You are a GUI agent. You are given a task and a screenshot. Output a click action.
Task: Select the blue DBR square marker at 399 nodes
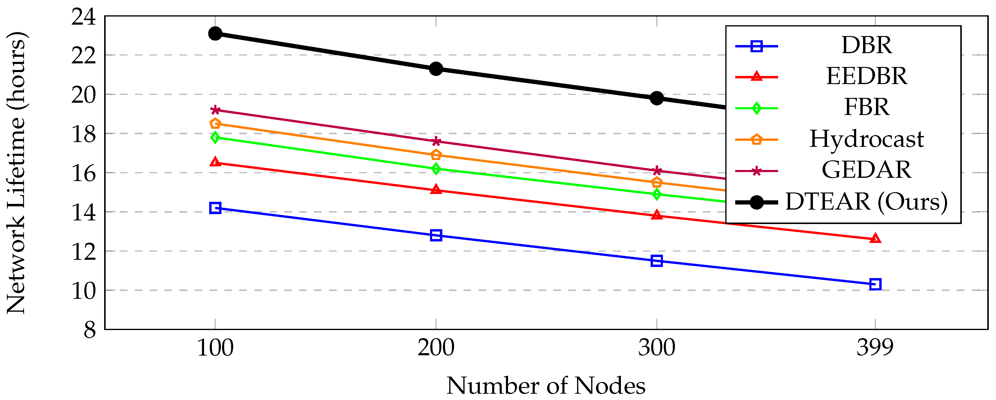[875, 284]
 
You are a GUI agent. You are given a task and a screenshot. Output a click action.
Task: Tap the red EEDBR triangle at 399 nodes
[875, 239]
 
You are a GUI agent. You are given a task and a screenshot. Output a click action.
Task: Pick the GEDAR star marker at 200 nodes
[436, 141]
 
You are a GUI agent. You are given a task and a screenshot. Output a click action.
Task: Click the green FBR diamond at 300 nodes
[657, 194]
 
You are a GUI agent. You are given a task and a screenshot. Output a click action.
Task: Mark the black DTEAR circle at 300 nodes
[657, 98]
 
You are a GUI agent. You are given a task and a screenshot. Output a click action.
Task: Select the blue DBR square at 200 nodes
[436, 235]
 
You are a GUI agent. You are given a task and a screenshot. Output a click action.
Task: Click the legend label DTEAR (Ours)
[866, 202]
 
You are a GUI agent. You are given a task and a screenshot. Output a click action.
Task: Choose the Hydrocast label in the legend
[866, 139]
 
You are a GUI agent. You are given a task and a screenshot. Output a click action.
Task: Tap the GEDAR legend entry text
[866, 170]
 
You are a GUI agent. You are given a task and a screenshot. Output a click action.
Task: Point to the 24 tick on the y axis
[83, 17]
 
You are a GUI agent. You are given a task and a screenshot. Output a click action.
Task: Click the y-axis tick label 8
[90, 330]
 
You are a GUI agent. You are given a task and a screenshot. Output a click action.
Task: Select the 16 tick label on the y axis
[83, 173]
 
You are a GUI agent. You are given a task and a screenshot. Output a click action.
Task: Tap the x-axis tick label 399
[875, 348]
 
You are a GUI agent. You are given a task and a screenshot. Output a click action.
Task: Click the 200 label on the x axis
[436, 348]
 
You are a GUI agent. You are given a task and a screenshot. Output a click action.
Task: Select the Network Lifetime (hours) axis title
[16, 173]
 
